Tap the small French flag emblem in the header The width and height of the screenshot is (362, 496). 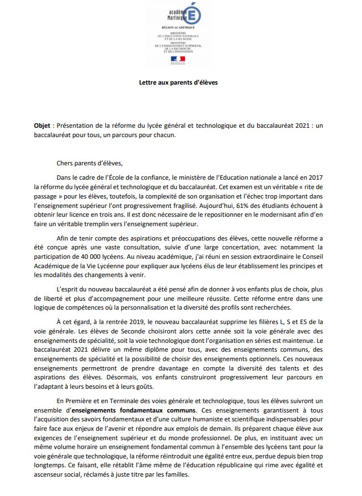click(178, 59)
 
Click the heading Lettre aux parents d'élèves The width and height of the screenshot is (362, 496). click(178, 83)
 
